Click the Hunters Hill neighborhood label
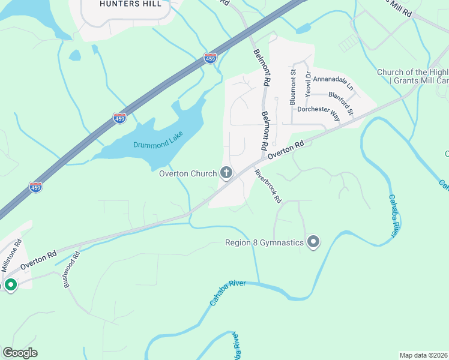[x=130, y=4]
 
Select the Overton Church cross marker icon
[x=227, y=174]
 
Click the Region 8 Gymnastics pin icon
[x=313, y=242]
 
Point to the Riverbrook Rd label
[x=268, y=187]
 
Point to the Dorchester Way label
[x=319, y=114]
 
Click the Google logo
[x=20, y=353]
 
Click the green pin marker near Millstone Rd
[x=10, y=284]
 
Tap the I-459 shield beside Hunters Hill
[x=210, y=58]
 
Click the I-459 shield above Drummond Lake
[x=119, y=118]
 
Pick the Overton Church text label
[x=187, y=174]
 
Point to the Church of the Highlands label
[x=412, y=73]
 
